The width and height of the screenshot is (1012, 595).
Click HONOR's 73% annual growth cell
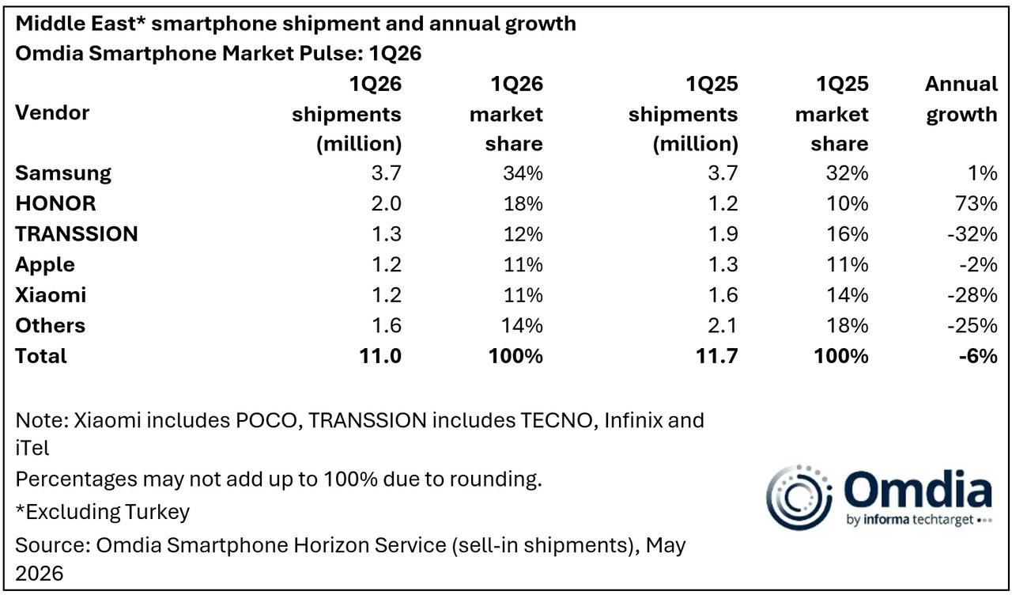(x=976, y=203)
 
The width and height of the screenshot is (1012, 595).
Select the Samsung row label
(x=63, y=173)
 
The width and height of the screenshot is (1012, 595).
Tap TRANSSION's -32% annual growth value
(x=972, y=234)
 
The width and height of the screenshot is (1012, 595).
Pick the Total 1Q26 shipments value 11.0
(x=380, y=356)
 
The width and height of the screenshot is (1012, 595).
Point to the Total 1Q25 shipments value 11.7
(x=716, y=356)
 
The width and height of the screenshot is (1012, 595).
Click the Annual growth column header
(x=961, y=100)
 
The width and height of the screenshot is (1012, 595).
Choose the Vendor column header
(x=52, y=112)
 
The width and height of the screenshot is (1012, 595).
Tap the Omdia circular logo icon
(x=799, y=498)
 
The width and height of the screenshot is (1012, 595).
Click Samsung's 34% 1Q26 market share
(x=523, y=173)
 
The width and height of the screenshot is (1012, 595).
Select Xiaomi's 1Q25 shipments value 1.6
(x=723, y=295)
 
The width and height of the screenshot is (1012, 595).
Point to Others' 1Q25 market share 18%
(x=848, y=325)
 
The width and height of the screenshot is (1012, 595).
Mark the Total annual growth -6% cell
(x=978, y=356)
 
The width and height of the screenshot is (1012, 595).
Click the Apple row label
(x=45, y=265)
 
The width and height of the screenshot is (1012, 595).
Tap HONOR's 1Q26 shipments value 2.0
(x=387, y=203)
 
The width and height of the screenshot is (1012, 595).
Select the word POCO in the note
(x=266, y=420)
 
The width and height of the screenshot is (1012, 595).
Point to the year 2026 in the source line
(x=40, y=574)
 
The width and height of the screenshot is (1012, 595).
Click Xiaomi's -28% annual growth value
(x=972, y=295)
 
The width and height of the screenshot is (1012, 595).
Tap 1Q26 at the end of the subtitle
(x=395, y=53)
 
